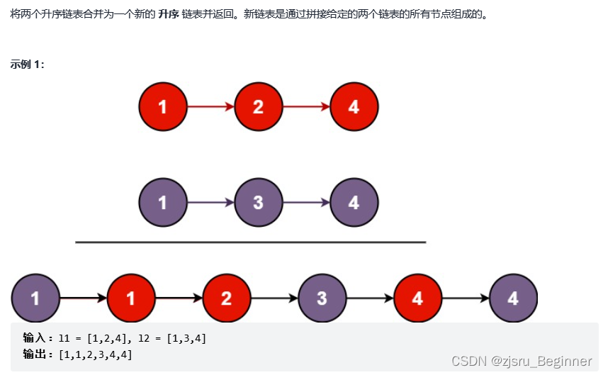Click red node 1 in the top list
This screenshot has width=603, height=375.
(163, 107)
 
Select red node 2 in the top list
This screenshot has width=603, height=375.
(258, 107)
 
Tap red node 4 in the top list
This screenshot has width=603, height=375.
(354, 107)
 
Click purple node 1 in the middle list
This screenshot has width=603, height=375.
(163, 203)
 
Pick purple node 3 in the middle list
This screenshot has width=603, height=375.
(258, 203)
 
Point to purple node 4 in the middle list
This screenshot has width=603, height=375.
(354, 203)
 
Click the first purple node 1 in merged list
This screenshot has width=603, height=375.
(35, 298)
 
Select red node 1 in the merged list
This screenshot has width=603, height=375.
(130, 298)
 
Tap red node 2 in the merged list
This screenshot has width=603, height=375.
(226, 298)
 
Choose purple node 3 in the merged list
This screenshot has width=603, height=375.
(322, 298)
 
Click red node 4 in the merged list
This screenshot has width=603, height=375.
(417, 298)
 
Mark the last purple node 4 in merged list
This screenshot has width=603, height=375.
(513, 298)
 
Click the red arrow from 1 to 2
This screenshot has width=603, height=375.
(210, 107)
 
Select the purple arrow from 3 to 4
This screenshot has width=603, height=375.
(306, 203)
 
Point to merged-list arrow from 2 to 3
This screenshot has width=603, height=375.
(274, 298)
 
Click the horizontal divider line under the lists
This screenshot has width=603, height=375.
(250, 242)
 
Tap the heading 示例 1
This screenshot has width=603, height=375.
(28, 65)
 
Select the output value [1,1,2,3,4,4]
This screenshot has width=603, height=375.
(96, 354)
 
